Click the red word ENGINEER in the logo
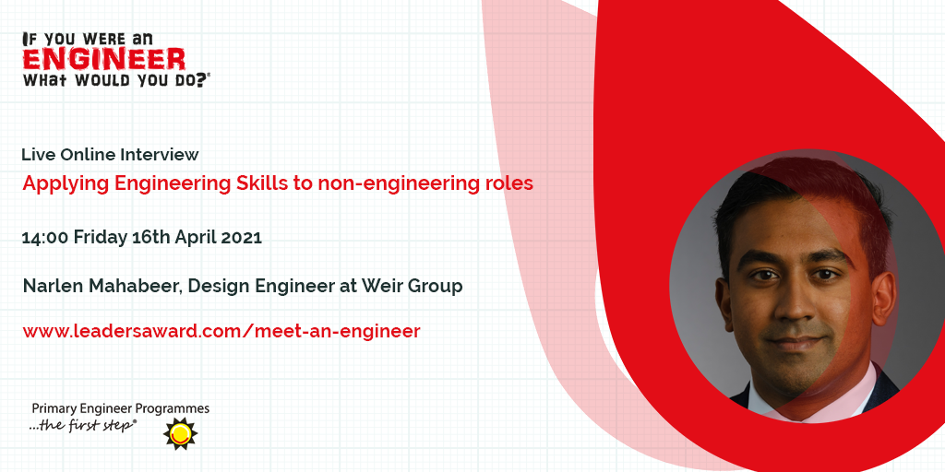click(x=104, y=60)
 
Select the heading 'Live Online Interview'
click(x=111, y=155)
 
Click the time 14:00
click(x=45, y=237)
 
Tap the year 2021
click(x=242, y=237)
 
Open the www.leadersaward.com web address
click(x=221, y=331)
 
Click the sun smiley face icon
click(x=180, y=433)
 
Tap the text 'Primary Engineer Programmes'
click(x=121, y=409)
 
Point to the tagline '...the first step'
click(x=82, y=426)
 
